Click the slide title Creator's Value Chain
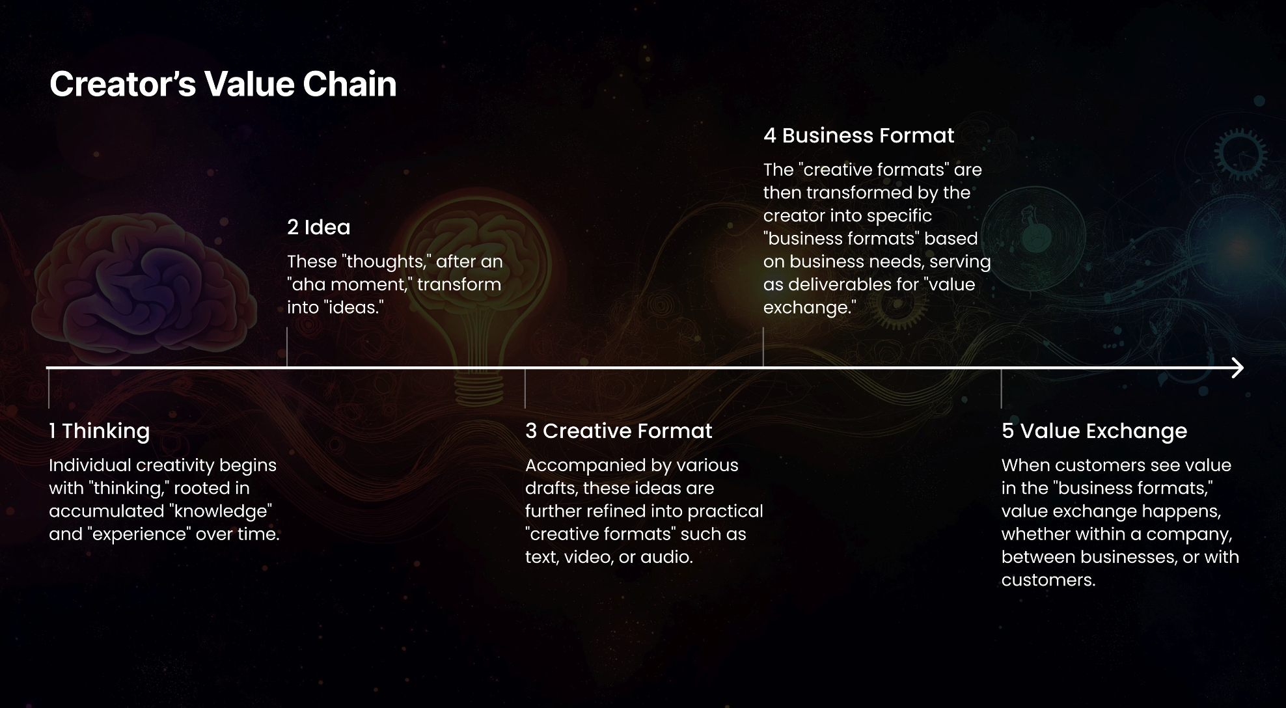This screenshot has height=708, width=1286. click(223, 85)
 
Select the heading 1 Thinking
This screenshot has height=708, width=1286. click(100, 431)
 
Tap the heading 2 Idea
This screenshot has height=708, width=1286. click(319, 227)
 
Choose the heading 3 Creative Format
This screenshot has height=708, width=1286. click(618, 431)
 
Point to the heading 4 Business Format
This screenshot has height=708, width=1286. click(858, 135)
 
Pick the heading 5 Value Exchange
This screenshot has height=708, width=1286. click(1094, 431)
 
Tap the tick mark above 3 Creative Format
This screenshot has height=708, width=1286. click(525, 388)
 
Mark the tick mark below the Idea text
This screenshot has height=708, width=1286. click(287, 347)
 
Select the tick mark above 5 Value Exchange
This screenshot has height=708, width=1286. click(1002, 388)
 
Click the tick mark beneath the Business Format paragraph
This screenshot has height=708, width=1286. click(763, 347)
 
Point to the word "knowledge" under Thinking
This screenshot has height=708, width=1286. click(221, 511)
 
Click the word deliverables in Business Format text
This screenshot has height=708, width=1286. click(851, 284)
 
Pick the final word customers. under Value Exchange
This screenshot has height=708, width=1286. click(1048, 580)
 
